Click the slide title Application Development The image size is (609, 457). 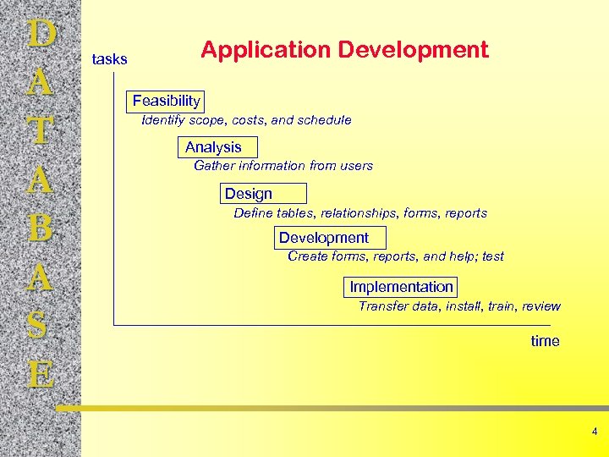click(344, 50)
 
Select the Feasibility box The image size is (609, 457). click(166, 102)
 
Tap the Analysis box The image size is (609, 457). click(213, 147)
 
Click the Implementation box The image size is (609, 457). click(402, 287)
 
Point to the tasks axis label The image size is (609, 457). click(109, 59)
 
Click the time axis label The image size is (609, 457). click(545, 341)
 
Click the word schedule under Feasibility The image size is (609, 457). click(325, 120)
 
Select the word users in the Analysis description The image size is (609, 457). click(354, 166)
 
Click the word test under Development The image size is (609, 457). click(492, 256)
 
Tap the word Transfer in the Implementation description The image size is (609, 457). click(383, 306)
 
